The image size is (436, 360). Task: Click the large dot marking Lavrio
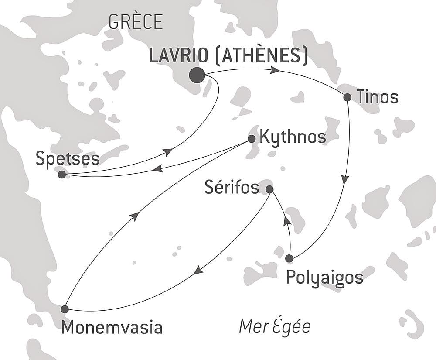pos(197,75)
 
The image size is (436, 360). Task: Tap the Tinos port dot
pos(347,97)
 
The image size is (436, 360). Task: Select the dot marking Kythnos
pos(252,139)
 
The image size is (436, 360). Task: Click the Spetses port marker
pos(62,175)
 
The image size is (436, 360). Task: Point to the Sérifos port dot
pos(269,189)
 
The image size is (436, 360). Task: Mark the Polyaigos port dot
pos(289,258)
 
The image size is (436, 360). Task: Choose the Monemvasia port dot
pos(65,309)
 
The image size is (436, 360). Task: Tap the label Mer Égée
pos(275,326)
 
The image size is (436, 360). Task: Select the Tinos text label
pos(377,97)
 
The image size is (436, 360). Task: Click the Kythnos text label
pos(292,137)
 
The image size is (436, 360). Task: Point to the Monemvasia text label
pos(112,327)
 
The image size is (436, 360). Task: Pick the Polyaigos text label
pos(324,278)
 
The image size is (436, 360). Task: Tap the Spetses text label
pos(68,159)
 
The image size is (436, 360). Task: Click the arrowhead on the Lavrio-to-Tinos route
pos(275,70)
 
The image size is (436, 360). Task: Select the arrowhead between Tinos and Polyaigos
pos(345,179)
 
